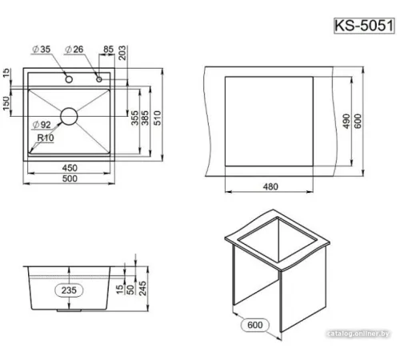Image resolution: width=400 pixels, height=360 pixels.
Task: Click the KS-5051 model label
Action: (364, 26)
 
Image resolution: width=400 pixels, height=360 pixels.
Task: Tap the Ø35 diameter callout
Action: (42, 49)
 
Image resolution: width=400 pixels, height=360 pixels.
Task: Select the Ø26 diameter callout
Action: (74, 49)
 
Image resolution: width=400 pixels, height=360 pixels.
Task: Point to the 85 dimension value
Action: (109, 49)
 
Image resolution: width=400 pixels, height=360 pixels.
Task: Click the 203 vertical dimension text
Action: (122, 53)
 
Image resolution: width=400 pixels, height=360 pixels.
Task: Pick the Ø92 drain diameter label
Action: (42, 125)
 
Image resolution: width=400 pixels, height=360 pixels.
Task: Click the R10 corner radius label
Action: (46, 138)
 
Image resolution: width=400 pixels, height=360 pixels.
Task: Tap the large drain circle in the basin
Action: (69, 116)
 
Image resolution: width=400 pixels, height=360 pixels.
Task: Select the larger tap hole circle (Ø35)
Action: (69, 79)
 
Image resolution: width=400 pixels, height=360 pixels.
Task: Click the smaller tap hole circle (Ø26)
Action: (99, 79)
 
